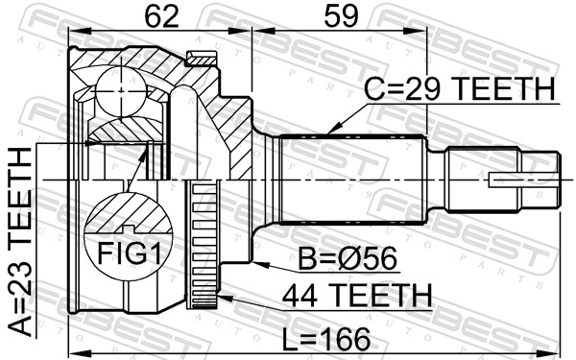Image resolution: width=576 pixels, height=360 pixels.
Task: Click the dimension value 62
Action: (x=161, y=16)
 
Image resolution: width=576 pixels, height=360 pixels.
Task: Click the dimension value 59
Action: (x=341, y=16)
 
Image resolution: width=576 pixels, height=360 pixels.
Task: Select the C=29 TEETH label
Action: (x=459, y=89)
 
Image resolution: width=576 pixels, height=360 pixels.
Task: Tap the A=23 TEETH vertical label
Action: (x=20, y=242)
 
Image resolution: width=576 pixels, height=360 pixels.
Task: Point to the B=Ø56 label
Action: (x=348, y=258)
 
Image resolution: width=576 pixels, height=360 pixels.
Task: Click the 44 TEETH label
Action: (x=357, y=295)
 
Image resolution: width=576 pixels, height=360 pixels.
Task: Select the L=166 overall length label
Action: (x=326, y=339)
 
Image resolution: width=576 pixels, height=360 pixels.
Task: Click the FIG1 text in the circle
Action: (x=129, y=253)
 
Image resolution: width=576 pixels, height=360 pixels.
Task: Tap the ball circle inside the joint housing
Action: (x=121, y=91)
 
